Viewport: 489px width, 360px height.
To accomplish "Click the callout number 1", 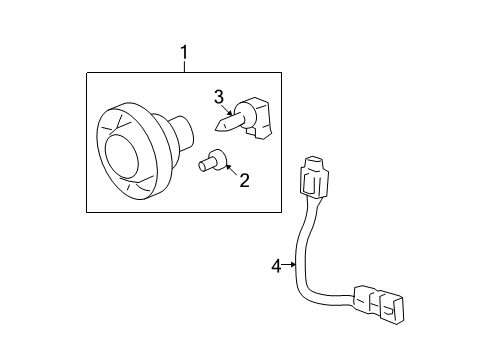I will point(183,52).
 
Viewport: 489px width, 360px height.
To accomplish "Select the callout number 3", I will point(219,96).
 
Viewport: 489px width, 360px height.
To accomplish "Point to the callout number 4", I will point(277,266).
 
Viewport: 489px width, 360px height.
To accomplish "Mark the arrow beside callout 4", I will point(291,266).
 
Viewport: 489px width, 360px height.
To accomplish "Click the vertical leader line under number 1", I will point(183,66).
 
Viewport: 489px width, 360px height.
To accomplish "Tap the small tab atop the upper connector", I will point(314,161).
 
